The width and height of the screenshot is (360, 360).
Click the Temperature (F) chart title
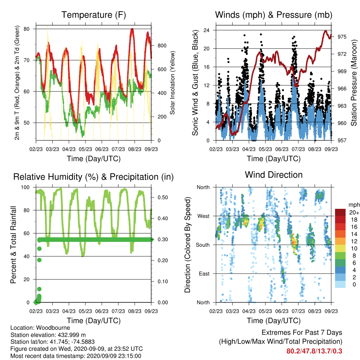tap(94, 15)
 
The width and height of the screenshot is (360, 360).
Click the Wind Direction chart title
tap(274, 175)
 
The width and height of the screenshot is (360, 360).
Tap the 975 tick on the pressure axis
tap(342, 37)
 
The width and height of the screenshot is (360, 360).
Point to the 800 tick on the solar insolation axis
tap(162, 46)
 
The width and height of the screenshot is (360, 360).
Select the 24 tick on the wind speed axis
tap(206, 30)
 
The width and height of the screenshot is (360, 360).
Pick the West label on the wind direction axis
tap(204, 216)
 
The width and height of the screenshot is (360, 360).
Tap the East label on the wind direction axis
tap(204, 274)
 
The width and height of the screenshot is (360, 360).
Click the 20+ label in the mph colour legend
tap(354, 212)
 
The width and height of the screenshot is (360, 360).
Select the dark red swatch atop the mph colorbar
tap(340, 212)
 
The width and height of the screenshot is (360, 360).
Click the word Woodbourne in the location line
tap(53, 328)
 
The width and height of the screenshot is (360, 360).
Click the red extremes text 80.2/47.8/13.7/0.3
tap(314, 351)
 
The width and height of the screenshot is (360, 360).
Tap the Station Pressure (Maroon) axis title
tap(354, 83)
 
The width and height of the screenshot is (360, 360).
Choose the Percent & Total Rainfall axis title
tap(13, 245)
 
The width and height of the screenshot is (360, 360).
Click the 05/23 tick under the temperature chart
tap(85, 149)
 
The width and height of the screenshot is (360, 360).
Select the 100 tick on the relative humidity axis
tap(25, 187)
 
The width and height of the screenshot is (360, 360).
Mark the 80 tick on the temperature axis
tap(27, 29)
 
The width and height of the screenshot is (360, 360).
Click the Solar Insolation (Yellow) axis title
tap(172, 83)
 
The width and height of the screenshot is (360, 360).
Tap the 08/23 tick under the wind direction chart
tap(315, 311)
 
